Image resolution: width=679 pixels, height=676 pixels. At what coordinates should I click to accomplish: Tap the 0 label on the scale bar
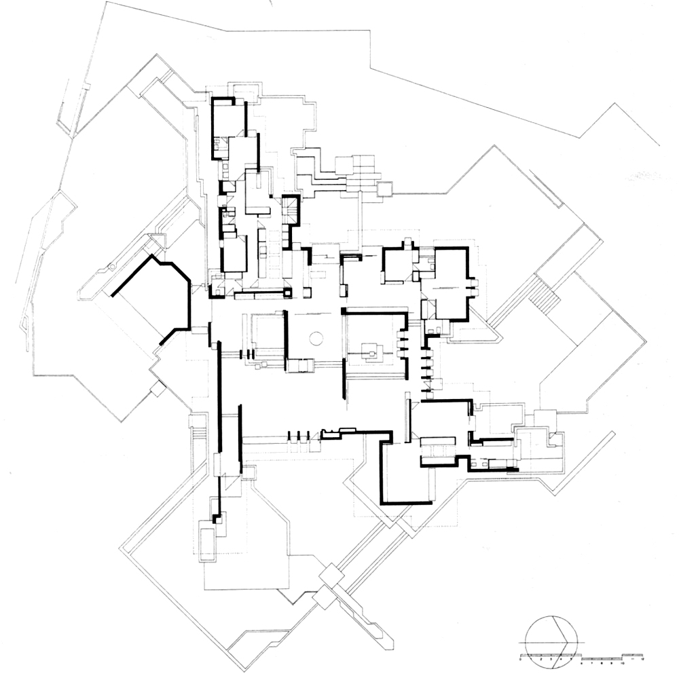point(521,659)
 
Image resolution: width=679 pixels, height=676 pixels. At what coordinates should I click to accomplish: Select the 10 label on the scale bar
point(623,659)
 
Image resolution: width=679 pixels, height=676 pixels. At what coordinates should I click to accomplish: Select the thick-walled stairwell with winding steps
point(290,210)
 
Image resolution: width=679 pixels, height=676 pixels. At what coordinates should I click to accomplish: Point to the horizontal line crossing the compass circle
point(552,641)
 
